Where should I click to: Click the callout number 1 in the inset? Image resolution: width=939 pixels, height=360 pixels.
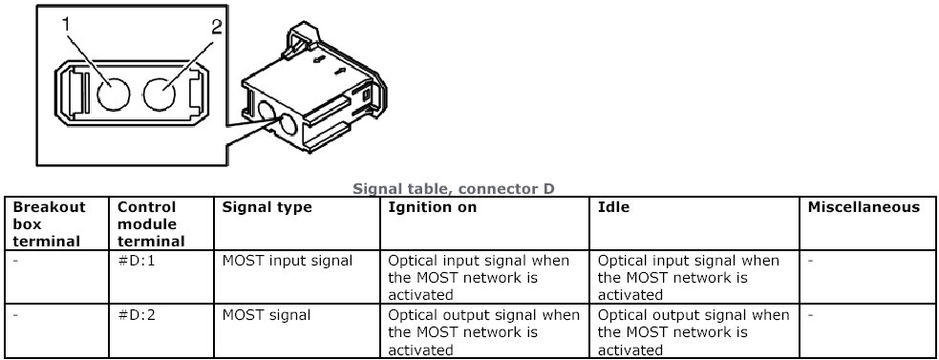[66, 24]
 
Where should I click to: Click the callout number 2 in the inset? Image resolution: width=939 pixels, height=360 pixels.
[216, 27]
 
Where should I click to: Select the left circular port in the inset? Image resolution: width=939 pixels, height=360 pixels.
[113, 94]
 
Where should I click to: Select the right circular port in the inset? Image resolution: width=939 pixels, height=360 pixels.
[160, 94]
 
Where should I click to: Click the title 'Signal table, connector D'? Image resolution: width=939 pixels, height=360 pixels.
[454, 189]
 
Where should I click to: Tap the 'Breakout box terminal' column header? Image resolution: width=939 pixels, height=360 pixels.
[47, 224]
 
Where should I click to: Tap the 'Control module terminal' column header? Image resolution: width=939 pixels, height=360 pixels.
[151, 224]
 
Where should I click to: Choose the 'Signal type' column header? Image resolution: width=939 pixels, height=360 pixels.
[267, 207]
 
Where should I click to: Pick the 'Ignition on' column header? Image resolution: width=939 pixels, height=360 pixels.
[433, 207]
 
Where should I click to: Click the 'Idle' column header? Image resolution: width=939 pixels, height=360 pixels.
[613, 207]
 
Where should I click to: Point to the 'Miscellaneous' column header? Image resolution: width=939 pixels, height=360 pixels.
[864, 207]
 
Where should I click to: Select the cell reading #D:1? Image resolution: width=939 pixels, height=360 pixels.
[136, 261]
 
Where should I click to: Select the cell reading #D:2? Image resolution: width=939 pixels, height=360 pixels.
[136, 315]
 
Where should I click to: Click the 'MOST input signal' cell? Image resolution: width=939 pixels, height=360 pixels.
[288, 261]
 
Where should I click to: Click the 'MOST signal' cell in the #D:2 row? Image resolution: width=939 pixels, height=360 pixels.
[267, 315]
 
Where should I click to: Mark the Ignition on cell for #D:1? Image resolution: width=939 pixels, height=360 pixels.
[480, 277]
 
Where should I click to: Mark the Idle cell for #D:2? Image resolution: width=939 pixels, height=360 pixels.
[694, 331]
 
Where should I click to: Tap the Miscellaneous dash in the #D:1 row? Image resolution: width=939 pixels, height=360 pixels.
[811, 261]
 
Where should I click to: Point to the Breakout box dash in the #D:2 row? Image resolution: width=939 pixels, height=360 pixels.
[16, 315]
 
